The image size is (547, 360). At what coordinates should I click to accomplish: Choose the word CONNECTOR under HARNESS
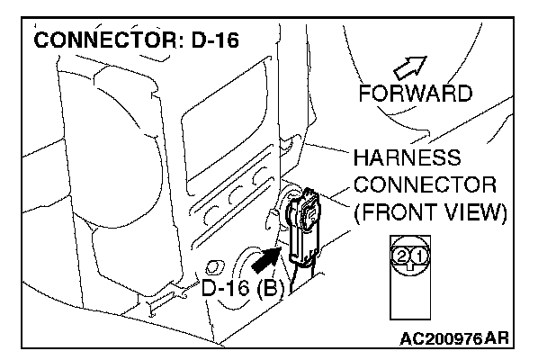click(426, 185)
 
